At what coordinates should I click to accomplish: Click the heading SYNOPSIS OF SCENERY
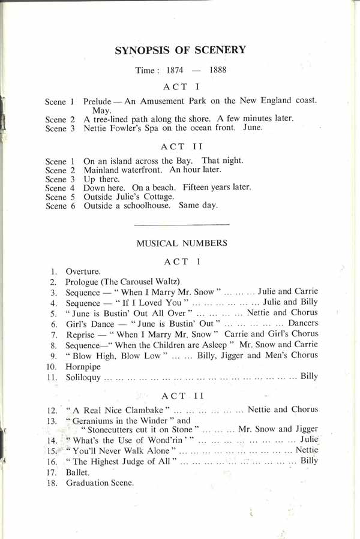180,50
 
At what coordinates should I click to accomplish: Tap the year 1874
175,70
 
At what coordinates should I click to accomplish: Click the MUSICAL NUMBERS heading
182,243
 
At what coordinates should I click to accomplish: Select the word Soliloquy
85,377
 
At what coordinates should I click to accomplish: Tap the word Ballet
77,472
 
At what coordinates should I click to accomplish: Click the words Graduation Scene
100,483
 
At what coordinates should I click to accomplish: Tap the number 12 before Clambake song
54,411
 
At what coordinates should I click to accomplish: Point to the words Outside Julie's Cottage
129,196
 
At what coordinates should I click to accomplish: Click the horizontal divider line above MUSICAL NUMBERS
182,224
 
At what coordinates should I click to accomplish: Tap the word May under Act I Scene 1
100,110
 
